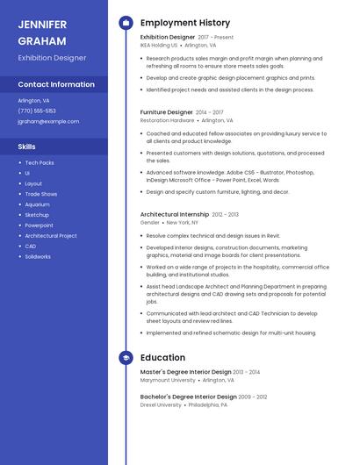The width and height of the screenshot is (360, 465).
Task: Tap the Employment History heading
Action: click(x=184, y=23)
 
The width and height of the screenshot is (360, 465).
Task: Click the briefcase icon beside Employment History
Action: click(x=126, y=23)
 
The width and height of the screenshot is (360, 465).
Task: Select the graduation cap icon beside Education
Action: click(x=126, y=358)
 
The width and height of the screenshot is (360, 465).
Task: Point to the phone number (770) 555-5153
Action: click(x=37, y=111)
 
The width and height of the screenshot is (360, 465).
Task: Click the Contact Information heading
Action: click(x=56, y=84)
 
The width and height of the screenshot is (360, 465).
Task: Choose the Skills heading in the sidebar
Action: click(x=27, y=147)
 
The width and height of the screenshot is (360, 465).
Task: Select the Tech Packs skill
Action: click(x=40, y=163)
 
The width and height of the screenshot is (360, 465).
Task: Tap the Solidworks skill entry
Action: click(x=38, y=257)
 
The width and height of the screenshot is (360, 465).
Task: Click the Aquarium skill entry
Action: click(x=38, y=204)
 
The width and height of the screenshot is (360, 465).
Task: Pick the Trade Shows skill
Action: click(x=41, y=194)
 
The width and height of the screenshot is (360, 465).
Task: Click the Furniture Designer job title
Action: click(x=167, y=112)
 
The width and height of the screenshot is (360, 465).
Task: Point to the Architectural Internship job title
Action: click(x=175, y=214)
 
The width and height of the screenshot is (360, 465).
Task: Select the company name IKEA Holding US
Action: click(x=159, y=46)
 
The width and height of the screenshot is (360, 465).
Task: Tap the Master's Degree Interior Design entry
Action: click(x=185, y=372)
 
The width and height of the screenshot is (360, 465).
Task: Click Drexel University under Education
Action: click(x=161, y=405)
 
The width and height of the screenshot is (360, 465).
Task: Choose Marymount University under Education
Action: click(x=168, y=380)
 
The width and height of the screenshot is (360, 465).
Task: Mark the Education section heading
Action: click(x=162, y=358)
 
